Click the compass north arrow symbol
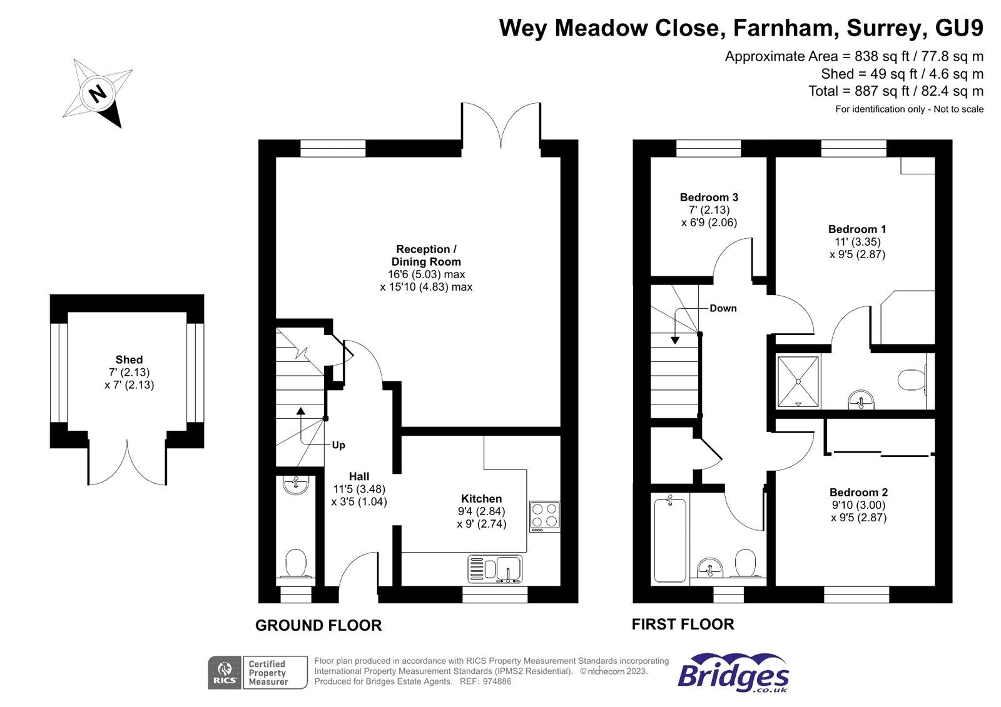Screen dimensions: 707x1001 coord(98,94)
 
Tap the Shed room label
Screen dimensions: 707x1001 coord(129,359)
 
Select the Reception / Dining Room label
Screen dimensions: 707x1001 coord(426,256)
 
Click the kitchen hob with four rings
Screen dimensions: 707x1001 coord(544,516)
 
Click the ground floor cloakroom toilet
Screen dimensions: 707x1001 coord(295,563)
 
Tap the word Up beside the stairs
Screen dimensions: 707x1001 coord(338,445)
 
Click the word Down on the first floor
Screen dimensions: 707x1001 coord(723,308)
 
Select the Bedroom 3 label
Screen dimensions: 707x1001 coord(709,198)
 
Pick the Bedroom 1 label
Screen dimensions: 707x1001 coord(857,229)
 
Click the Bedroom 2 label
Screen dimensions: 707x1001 coord(858,493)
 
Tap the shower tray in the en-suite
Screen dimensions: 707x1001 coord(798,382)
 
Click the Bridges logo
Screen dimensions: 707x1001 coord(733,673)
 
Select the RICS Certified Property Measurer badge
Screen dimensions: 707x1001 coord(257,673)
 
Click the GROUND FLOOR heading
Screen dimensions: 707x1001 coord(318,625)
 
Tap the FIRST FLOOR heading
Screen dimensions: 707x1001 coord(683,624)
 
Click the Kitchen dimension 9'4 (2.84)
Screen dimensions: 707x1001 coord(481,511)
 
